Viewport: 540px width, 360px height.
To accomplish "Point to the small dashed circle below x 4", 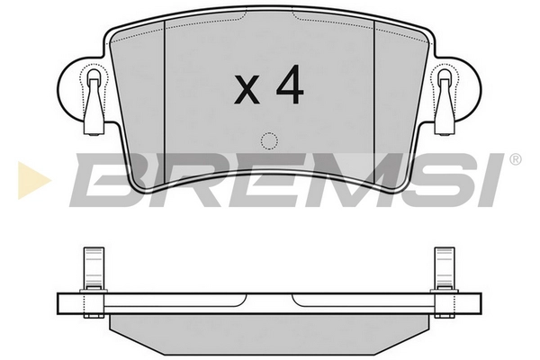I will click(x=268, y=140).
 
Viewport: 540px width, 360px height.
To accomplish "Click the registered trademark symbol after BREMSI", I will click(x=514, y=160).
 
